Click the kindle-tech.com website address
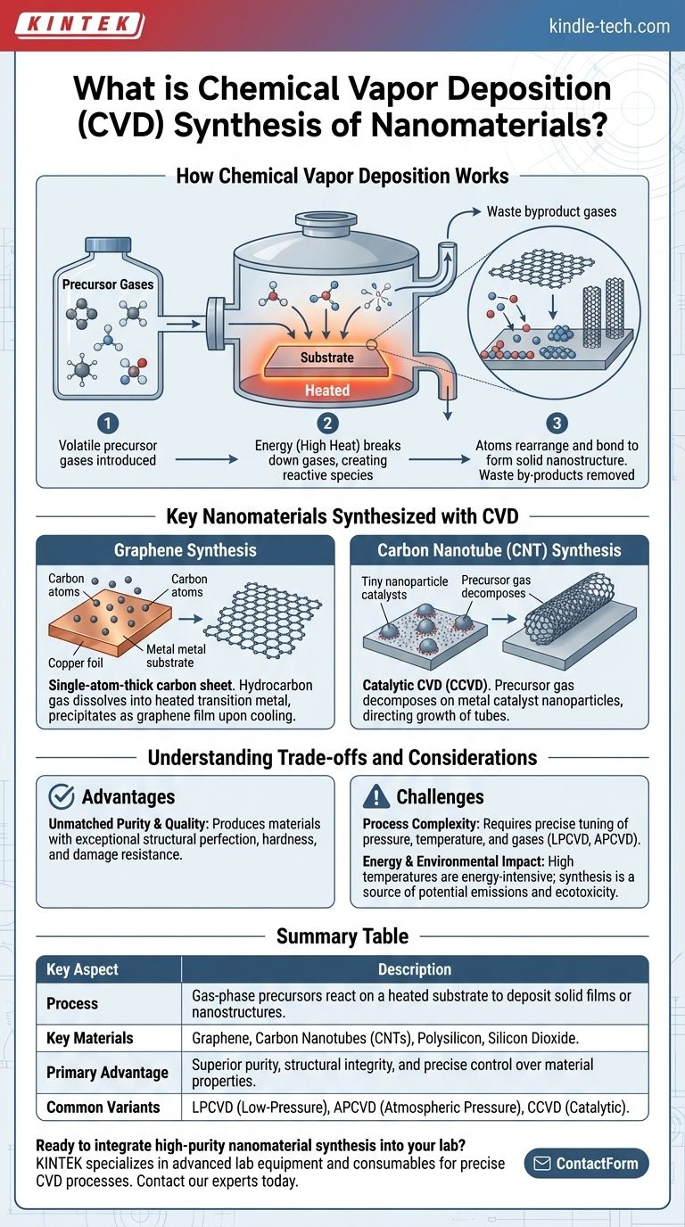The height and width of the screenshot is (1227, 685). (609, 26)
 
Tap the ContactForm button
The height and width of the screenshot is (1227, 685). (586, 1163)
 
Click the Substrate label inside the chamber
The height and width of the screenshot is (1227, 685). (326, 357)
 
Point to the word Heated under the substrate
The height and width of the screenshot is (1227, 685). (327, 391)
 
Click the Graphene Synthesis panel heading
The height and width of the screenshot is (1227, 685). (185, 550)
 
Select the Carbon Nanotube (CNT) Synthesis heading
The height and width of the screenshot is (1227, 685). (499, 550)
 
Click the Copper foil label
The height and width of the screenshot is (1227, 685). (78, 663)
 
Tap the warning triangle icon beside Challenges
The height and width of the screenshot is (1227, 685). (378, 796)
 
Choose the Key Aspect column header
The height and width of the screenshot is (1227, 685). (82, 969)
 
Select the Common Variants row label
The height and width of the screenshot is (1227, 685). (103, 1107)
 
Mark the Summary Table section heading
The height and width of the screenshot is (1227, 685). (342, 936)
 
